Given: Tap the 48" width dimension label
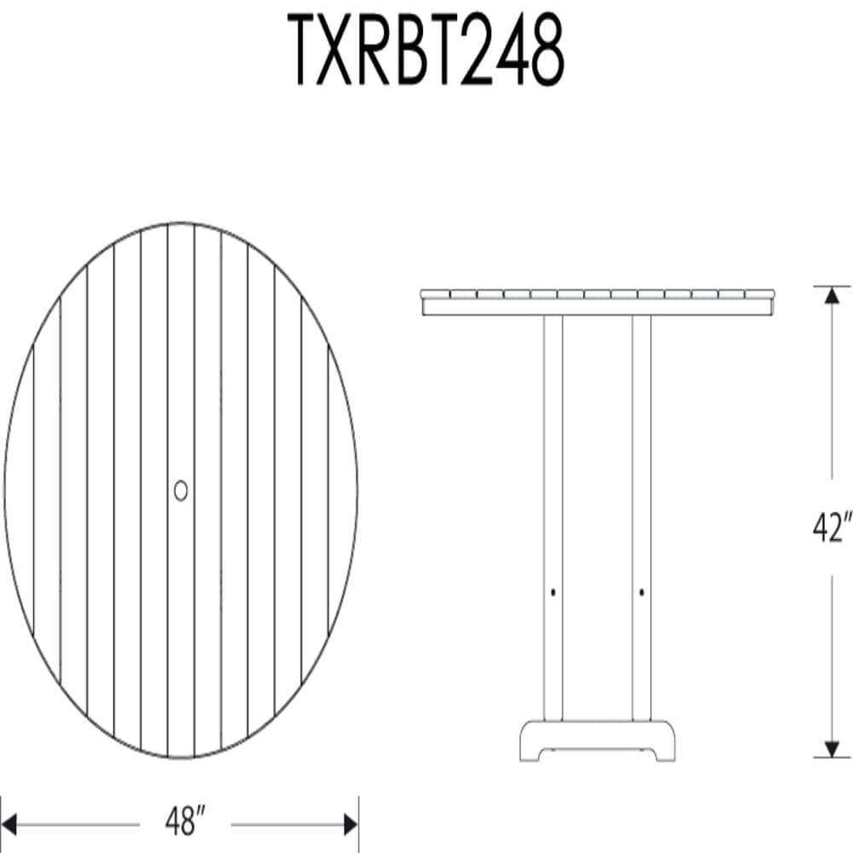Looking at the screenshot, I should (x=185, y=824).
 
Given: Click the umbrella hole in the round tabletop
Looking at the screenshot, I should (x=181, y=490).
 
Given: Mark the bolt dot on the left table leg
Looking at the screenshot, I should (x=553, y=591).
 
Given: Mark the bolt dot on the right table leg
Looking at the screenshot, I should (x=641, y=591).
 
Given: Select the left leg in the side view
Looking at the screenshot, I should (x=553, y=512).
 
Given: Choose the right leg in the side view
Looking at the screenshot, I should (x=641, y=512).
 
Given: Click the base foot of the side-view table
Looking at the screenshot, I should (x=597, y=740).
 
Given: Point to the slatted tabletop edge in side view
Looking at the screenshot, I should (x=597, y=302).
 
